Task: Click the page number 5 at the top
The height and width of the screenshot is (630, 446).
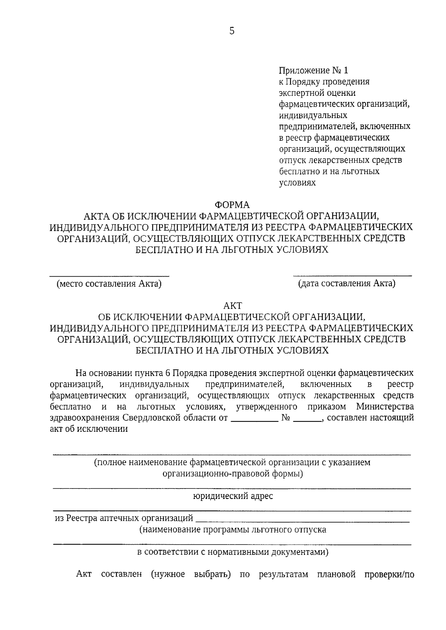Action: coord(232,31)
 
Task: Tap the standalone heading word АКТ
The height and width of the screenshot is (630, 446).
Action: coord(232,306)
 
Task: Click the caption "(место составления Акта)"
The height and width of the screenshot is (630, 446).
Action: coord(109,284)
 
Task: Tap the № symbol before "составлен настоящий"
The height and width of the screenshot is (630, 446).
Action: coord(285,418)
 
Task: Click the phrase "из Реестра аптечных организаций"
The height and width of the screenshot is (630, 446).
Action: coord(124,518)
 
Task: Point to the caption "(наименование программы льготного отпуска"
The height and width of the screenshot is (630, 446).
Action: coord(233,530)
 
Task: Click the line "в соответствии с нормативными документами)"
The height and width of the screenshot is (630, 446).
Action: coord(233,552)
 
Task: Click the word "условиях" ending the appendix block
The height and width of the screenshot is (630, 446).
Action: coord(297,183)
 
